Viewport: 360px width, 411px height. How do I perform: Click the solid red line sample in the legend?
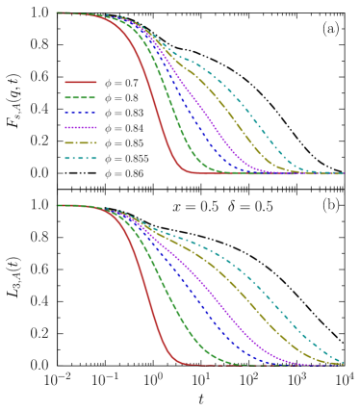(x=81, y=82)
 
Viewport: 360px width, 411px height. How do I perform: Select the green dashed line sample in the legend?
(x=81, y=97)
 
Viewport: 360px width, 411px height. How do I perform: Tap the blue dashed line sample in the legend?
(x=81, y=113)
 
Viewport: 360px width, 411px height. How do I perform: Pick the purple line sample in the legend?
(x=81, y=127)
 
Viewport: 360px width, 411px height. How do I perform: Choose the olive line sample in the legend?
(x=81, y=142)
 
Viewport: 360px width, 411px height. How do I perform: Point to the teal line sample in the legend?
(x=81, y=158)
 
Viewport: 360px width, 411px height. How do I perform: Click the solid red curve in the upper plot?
(x=154, y=96)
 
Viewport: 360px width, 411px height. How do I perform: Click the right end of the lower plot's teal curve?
(x=343, y=362)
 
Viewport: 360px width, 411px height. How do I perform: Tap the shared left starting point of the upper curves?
(x=57, y=13)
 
